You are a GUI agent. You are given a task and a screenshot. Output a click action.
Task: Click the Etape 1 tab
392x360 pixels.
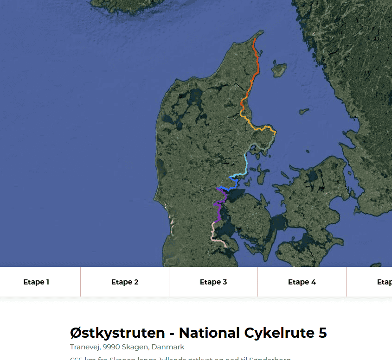[36, 282]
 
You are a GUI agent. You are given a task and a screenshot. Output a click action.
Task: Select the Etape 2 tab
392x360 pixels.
[125, 282]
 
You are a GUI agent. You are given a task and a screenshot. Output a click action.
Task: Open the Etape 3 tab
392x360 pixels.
[213, 282]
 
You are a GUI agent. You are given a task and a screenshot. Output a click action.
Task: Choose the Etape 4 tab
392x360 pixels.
[302, 282]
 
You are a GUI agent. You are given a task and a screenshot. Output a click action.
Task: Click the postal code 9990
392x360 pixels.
[112, 347]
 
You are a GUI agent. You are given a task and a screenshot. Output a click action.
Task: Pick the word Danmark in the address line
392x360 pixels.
[168, 347]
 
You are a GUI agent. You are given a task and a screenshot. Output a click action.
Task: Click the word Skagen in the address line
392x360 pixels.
[136, 347]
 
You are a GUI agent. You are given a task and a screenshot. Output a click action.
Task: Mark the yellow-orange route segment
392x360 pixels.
[260, 127]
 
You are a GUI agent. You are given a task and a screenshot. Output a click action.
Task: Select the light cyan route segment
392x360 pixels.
[246, 160]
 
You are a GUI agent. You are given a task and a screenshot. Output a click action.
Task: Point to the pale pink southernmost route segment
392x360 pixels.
[214, 234]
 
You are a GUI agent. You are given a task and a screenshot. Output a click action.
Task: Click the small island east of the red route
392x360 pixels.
[279, 69]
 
